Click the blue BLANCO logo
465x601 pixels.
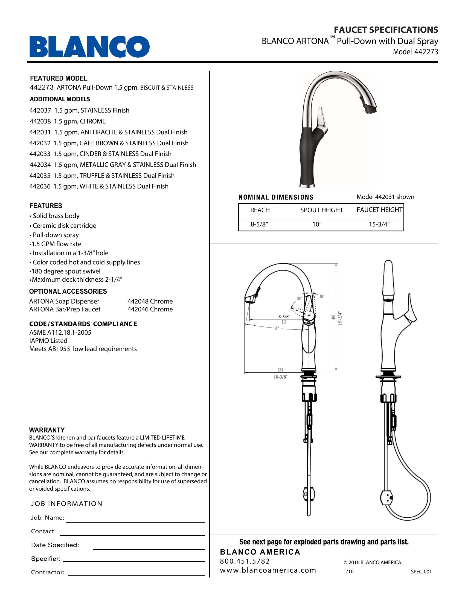[89, 47]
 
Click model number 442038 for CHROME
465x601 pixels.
[40, 121]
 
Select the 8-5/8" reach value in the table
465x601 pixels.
[259, 224]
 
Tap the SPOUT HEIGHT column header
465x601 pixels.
[321, 210]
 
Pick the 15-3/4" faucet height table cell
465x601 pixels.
[379, 224]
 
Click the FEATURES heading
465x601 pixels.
[46, 206]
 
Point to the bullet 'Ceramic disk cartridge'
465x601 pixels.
[65, 226]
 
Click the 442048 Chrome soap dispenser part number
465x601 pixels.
[150, 301]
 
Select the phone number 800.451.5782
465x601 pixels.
[245, 561]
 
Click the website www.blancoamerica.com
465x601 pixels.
[268, 570]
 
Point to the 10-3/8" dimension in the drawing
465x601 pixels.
[280, 377]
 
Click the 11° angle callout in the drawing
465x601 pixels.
[276, 328]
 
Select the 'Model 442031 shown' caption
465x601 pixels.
[385, 197]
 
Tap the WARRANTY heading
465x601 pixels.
[47, 430]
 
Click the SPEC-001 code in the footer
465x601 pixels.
[421, 571]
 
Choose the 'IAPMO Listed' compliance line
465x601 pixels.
[48, 341]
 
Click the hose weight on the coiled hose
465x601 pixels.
[387, 498]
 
